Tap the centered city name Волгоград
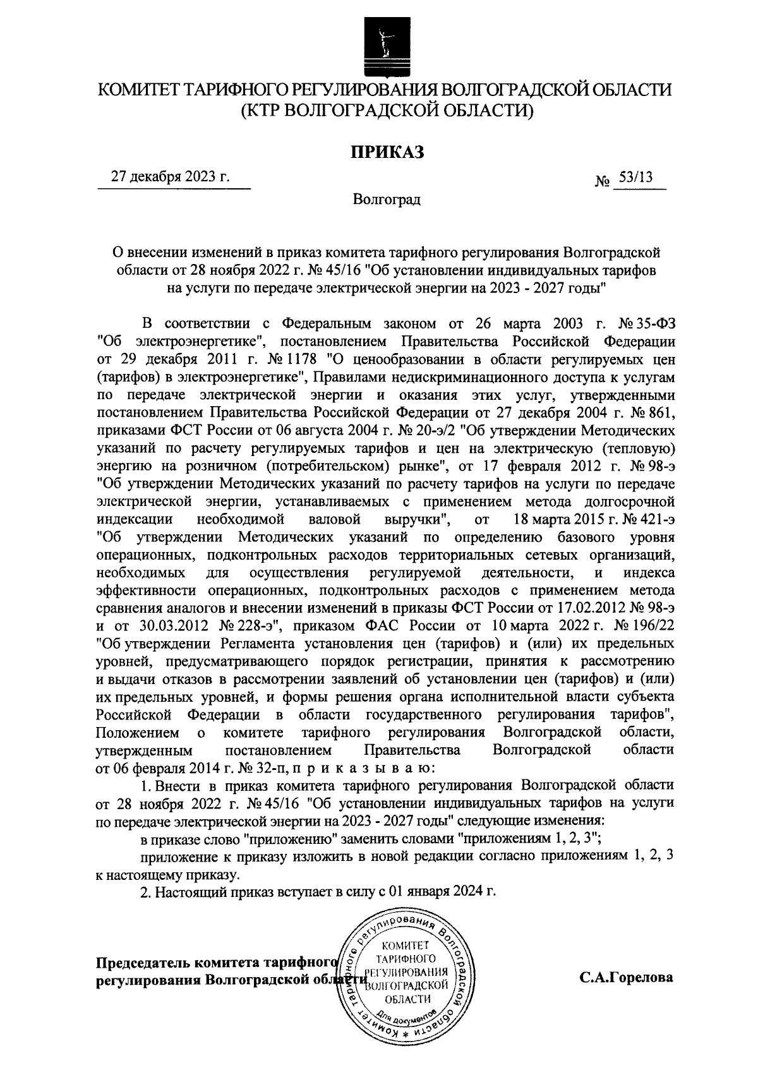[387, 200]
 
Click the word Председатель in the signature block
[142, 963]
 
